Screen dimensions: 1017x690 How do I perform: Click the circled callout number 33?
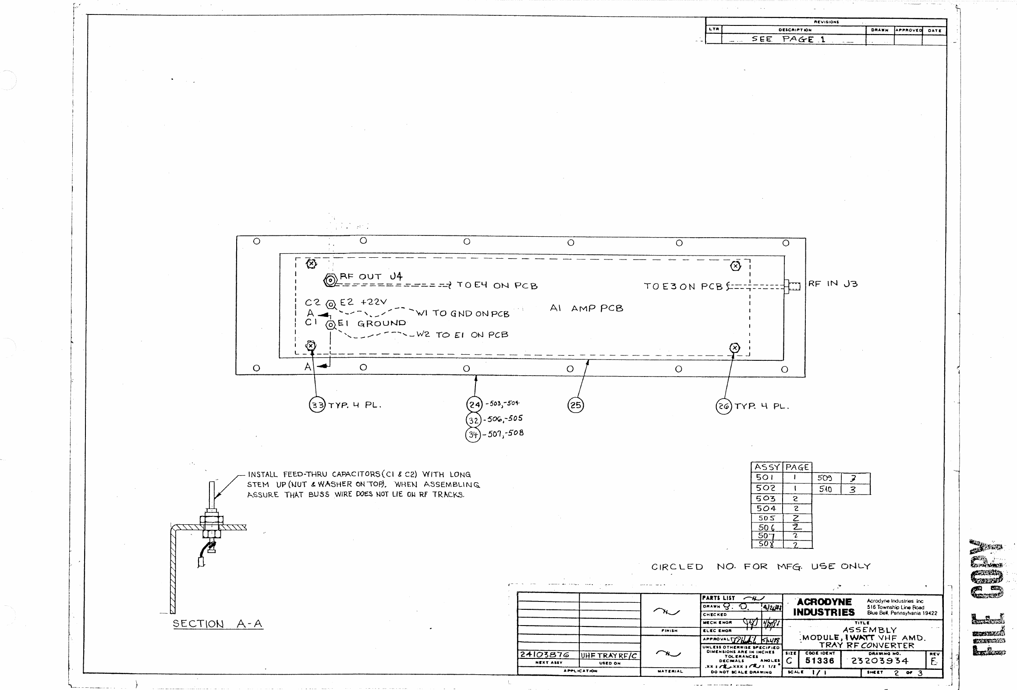click(x=317, y=405)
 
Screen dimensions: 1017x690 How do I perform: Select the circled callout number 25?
click(x=576, y=405)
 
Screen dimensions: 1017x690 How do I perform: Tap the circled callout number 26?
click(x=724, y=407)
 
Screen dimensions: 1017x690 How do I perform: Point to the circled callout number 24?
click(x=474, y=404)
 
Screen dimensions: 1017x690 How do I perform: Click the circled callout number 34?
click(x=473, y=434)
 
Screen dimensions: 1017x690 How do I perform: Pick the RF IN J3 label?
click(x=833, y=284)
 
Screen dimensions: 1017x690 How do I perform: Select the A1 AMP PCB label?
click(x=586, y=308)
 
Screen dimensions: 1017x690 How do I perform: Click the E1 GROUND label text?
click(x=372, y=324)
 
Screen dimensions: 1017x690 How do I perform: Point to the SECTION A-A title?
click(x=217, y=624)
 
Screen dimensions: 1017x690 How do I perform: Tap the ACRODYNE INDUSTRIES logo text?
click(x=824, y=607)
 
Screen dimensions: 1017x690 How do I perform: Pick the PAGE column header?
click(x=797, y=467)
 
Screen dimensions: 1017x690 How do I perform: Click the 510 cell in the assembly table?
click(x=826, y=489)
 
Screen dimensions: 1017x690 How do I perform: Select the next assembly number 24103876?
click(x=544, y=654)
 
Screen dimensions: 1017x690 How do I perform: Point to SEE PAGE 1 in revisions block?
click(x=788, y=39)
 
